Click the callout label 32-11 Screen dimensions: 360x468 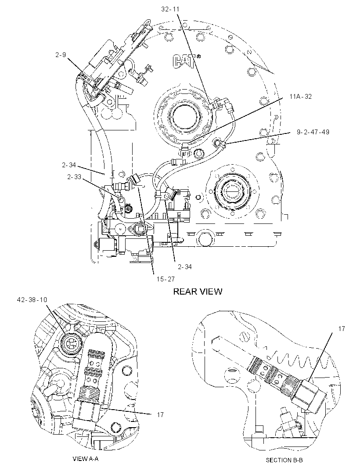point(170,9)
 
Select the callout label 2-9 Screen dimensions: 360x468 point(60,54)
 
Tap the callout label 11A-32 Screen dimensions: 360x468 point(300,96)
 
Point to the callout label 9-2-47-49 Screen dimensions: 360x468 point(313,132)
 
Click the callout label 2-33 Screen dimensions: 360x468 point(74,177)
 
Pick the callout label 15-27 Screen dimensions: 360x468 point(166,279)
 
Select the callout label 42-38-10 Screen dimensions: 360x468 point(32,300)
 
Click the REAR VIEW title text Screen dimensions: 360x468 point(198,292)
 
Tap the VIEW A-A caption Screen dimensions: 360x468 point(85,458)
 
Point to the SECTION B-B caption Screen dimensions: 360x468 point(284,460)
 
